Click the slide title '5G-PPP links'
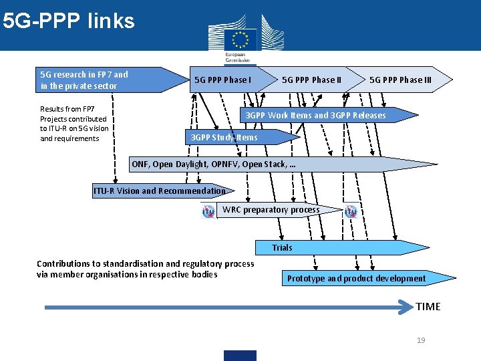[68, 21]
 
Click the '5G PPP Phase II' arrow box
[311, 80]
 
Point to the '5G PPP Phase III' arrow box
[400, 80]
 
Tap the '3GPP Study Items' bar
[224, 138]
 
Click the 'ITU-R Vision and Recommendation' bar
[160, 191]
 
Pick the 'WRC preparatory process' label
[271, 210]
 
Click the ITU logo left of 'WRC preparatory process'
[209, 211]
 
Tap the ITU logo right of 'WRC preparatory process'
[351, 211]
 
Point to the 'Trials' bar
[283, 248]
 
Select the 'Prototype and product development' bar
[357, 278]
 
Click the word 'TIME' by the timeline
[428, 306]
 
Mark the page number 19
[421, 340]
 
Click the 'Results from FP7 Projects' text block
[73, 124]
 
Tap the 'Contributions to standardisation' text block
[145, 269]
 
